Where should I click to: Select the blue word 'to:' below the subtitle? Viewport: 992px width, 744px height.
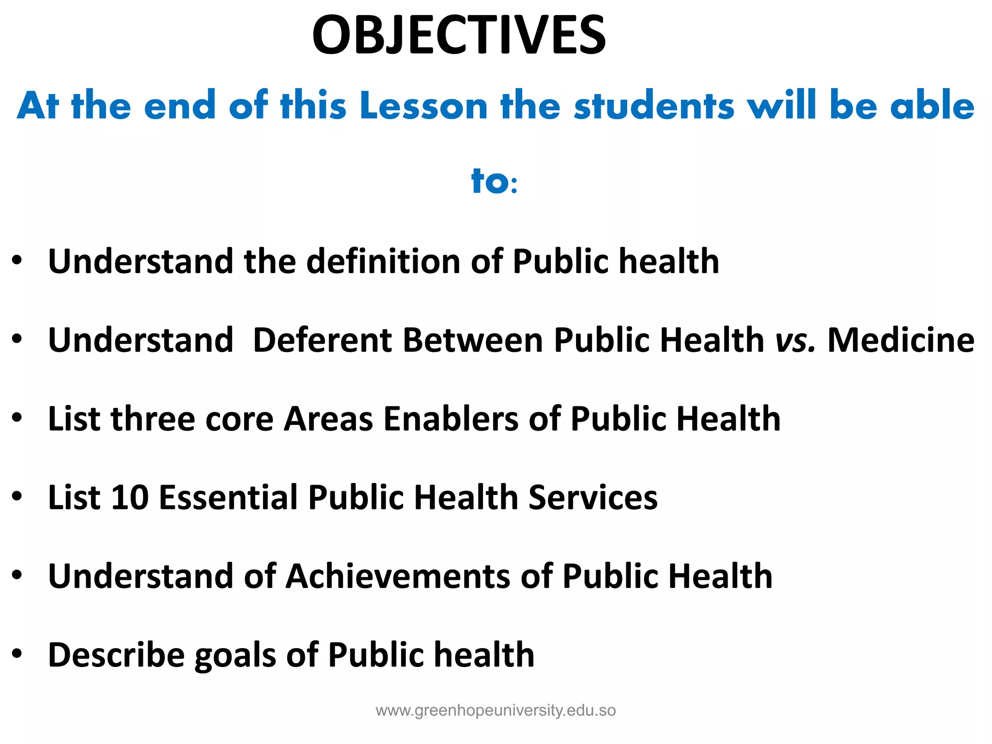495,181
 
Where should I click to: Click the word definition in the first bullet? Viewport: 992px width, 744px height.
383,262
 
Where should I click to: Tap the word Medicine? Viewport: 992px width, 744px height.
901,340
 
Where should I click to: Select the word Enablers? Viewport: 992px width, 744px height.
450,419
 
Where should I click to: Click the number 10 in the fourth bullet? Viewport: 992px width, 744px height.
130,497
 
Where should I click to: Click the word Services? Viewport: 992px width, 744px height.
593,497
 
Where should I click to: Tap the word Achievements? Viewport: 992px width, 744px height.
398,576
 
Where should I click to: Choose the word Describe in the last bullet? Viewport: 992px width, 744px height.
116,655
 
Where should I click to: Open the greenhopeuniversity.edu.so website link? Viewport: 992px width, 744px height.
496,711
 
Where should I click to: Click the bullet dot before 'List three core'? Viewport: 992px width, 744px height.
17,418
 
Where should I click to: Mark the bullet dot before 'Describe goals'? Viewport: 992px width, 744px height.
17,654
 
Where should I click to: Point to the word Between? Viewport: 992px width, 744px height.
473,340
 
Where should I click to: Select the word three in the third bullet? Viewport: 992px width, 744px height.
153,419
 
